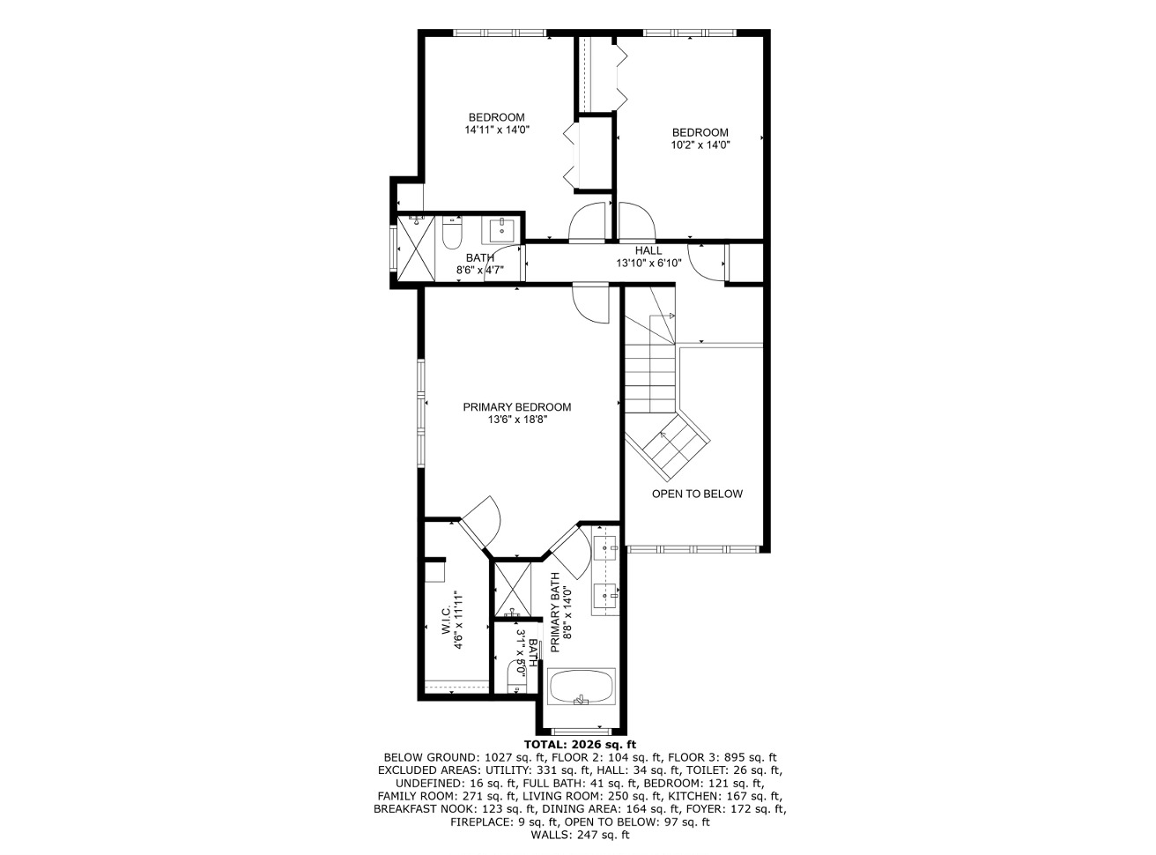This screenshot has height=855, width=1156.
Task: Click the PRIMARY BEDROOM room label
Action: pyautogui.click(x=516, y=407)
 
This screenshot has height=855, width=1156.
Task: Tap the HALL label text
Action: pyautogui.click(x=648, y=250)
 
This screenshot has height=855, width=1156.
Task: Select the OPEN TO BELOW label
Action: pyautogui.click(x=697, y=494)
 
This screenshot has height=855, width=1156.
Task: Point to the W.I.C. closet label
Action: pyautogui.click(x=446, y=621)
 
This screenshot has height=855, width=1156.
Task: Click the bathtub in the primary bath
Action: pyautogui.click(x=581, y=687)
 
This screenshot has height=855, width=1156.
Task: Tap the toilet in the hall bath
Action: pyautogui.click(x=451, y=234)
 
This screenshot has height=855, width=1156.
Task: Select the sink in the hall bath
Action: pyautogui.click(x=501, y=232)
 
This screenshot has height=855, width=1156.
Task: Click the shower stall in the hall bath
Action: pyautogui.click(x=416, y=249)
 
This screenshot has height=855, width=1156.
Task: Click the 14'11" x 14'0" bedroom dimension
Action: pyautogui.click(x=497, y=130)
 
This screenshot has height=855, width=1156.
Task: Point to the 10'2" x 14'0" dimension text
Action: pyautogui.click(x=700, y=145)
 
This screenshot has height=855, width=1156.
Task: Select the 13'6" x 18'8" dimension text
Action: pyautogui.click(x=516, y=420)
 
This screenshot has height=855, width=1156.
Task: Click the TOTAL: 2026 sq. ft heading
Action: pyautogui.click(x=580, y=745)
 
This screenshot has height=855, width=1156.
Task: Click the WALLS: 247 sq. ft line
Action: pyautogui.click(x=580, y=836)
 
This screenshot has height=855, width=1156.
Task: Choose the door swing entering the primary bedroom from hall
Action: pyautogui.click(x=590, y=303)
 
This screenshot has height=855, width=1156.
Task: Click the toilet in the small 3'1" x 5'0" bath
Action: pyautogui.click(x=517, y=676)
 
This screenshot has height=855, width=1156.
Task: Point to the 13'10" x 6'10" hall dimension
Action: pyautogui.click(x=648, y=264)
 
